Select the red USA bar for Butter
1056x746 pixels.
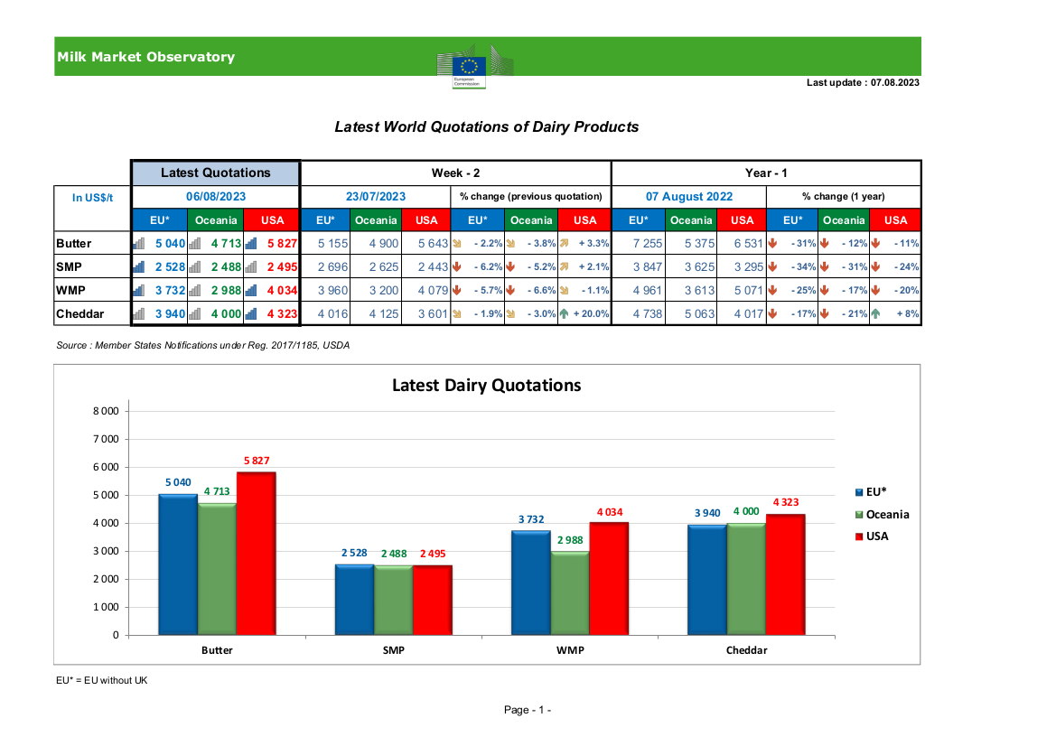(256, 554)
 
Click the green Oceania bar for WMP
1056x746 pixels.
(570, 593)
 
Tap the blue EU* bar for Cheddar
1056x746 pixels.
(707, 580)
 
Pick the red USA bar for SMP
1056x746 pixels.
(433, 600)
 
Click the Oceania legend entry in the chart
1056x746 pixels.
(882, 515)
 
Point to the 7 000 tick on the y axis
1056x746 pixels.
(106, 439)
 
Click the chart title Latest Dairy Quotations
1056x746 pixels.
(486, 385)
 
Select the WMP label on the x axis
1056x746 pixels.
(570, 650)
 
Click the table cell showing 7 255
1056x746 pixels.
(648, 244)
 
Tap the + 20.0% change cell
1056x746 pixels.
(584, 313)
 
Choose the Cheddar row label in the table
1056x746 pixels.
(80, 313)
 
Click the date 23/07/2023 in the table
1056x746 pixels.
(376, 197)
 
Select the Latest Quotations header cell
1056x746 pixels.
(216, 173)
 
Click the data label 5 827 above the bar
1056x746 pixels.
(256, 461)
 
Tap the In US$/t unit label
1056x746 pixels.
(92, 198)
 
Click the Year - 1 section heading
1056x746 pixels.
(766, 173)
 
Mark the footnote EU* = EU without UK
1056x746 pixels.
(102, 680)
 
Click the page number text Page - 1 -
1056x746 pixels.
(528, 710)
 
